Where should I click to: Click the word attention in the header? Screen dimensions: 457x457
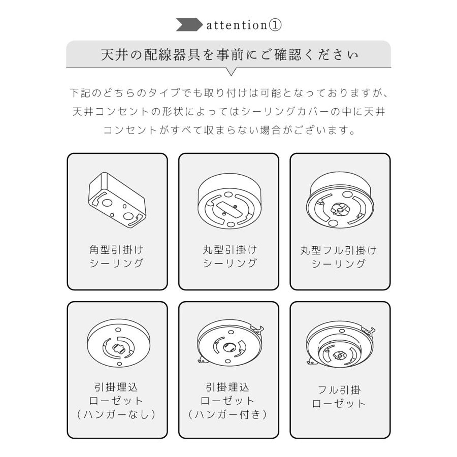pos(237,25)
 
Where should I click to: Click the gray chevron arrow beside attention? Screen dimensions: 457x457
pos(189,25)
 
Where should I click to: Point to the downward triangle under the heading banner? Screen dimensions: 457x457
pos(231,72)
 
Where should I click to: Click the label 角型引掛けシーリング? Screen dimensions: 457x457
pos(117,256)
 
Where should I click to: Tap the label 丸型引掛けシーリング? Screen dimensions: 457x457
pos(229,256)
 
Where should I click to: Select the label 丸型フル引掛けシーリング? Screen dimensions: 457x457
pos(339,257)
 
